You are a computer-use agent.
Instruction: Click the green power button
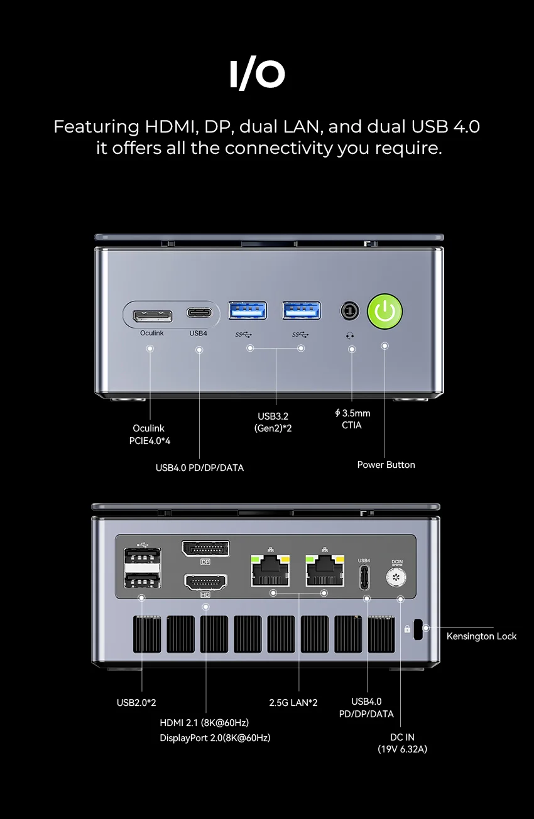pyautogui.click(x=384, y=311)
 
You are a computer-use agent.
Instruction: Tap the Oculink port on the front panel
pyautogui.click(x=153, y=316)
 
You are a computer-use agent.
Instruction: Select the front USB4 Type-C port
pyautogui.click(x=199, y=313)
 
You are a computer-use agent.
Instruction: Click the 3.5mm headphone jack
pyautogui.click(x=350, y=311)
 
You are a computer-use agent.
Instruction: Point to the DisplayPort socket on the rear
pyautogui.click(x=205, y=548)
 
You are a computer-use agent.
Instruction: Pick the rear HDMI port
pyautogui.click(x=205, y=582)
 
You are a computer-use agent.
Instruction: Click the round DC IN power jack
pyautogui.click(x=396, y=577)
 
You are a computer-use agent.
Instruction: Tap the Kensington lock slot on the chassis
pyautogui.click(x=418, y=629)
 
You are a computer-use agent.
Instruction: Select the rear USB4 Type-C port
pyautogui.click(x=364, y=577)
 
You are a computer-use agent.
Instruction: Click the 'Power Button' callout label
pyautogui.click(x=386, y=465)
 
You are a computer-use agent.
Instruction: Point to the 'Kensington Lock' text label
pyautogui.click(x=481, y=636)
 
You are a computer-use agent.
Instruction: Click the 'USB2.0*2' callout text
pyautogui.click(x=136, y=702)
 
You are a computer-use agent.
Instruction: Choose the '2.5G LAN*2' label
pyautogui.click(x=293, y=702)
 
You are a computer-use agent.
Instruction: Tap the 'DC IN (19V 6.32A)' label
pyautogui.click(x=402, y=743)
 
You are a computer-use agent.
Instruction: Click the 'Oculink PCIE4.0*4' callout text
pyautogui.click(x=150, y=435)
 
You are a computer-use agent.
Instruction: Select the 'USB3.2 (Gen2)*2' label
pyautogui.click(x=273, y=422)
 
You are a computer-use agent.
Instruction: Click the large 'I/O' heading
pyautogui.click(x=258, y=75)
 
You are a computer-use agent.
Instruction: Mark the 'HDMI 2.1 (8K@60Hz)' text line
pyautogui.click(x=204, y=722)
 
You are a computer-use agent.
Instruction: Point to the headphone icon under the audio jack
pyautogui.click(x=350, y=335)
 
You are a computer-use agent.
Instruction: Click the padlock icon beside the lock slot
pyautogui.click(x=407, y=629)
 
